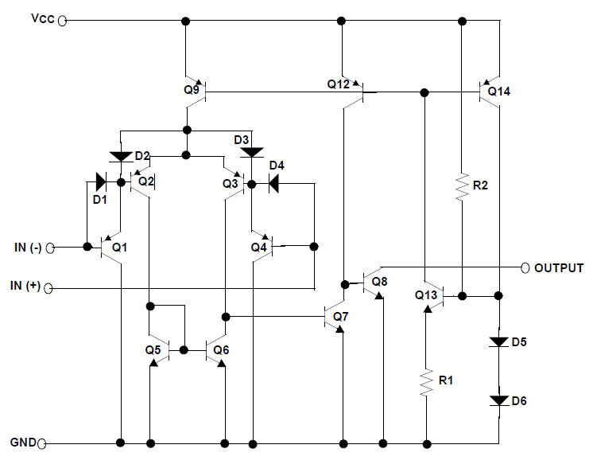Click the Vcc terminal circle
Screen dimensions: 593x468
point(62,21)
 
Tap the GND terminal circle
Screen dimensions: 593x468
point(42,443)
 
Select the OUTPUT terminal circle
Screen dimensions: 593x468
point(525,268)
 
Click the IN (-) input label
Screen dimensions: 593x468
point(28,248)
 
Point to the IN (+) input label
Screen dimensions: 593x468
point(25,286)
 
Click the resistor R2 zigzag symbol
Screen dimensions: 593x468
point(462,187)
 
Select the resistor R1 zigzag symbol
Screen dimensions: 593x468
point(427,383)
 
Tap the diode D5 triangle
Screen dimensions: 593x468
point(499,342)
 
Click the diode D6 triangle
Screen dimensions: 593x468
point(499,400)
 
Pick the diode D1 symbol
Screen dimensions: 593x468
point(101,182)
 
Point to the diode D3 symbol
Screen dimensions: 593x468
point(252,153)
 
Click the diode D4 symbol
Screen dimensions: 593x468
point(273,184)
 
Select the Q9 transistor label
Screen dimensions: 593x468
point(192,90)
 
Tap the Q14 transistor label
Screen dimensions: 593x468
point(499,92)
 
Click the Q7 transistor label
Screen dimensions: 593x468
point(340,317)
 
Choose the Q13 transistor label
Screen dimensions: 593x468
point(426,295)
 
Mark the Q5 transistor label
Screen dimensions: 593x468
point(153,350)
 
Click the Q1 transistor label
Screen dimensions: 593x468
point(119,248)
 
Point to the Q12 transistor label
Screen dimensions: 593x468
point(338,84)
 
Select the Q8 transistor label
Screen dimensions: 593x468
point(379,282)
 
